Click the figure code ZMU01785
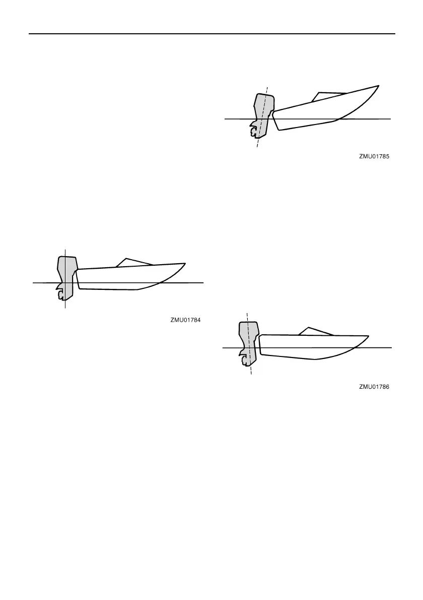coord(375,157)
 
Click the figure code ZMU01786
coord(375,387)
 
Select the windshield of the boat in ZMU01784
coord(133,262)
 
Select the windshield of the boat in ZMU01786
coord(314,331)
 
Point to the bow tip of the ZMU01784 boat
coord(185,263)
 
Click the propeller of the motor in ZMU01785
coord(253,132)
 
